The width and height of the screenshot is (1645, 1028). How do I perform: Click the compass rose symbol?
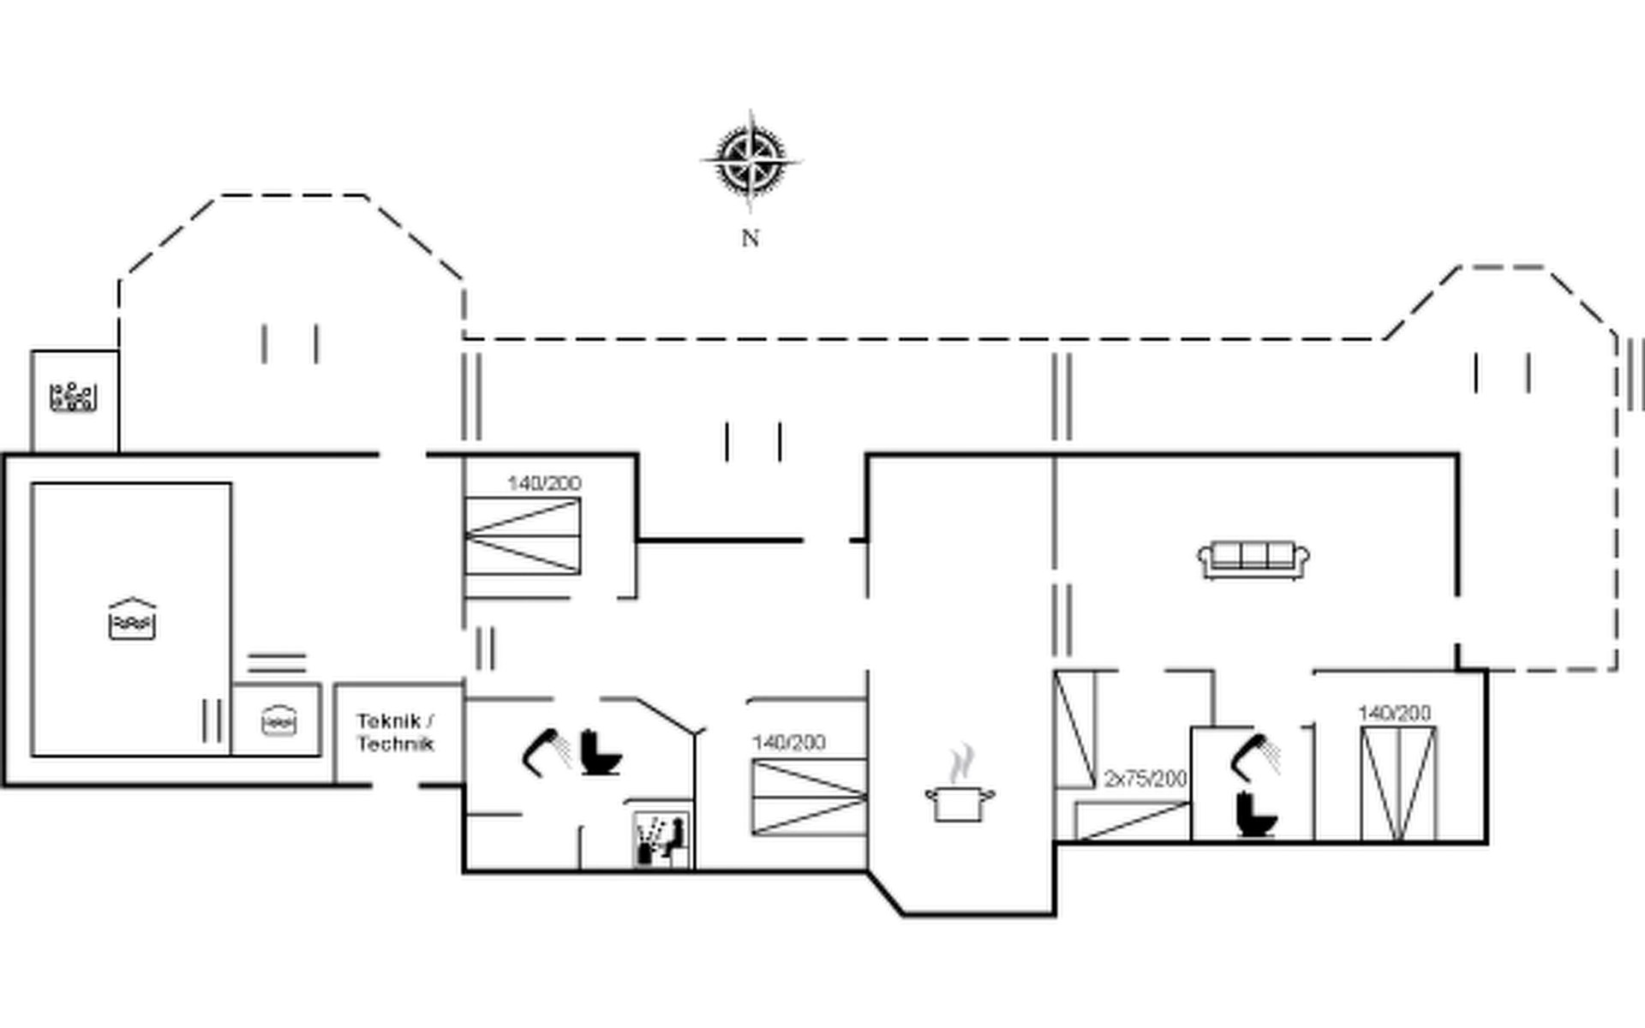(751, 161)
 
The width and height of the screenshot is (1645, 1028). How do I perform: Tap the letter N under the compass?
(751, 238)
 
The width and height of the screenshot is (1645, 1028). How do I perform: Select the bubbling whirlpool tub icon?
(74, 397)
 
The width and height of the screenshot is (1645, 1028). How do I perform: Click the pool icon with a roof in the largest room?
(132, 620)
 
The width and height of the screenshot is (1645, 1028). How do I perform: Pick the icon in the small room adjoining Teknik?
(278, 720)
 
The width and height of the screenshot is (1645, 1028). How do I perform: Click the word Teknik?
(389, 721)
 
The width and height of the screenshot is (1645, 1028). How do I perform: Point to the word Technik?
(395, 744)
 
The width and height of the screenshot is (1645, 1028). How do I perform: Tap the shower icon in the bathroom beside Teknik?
(546, 751)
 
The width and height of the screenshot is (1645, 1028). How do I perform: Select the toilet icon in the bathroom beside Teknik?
(601, 753)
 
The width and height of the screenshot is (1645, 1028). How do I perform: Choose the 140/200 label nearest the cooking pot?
(788, 742)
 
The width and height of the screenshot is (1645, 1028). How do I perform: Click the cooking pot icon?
(960, 804)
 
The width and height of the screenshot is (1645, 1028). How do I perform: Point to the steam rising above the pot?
(962, 762)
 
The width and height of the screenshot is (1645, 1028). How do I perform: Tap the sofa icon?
(1253, 559)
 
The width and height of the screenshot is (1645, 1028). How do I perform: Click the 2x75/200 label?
(1146, 779)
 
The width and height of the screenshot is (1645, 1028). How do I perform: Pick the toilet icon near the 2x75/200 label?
(1256, 815)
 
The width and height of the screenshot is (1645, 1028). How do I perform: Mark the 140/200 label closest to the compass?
(544, 483)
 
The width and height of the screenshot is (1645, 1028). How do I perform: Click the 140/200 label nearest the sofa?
(1394, 713)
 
